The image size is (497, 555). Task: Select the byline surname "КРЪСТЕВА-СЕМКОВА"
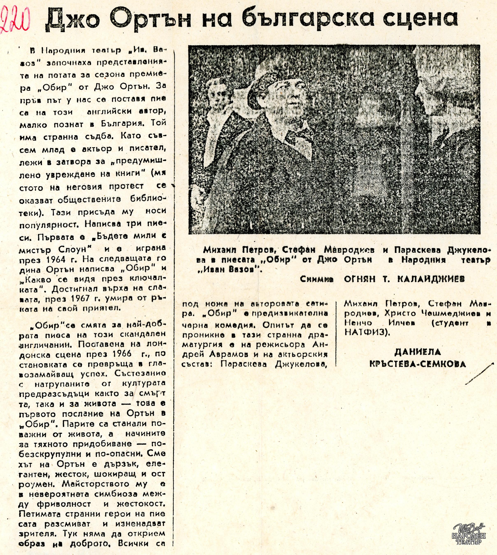pos(418,364)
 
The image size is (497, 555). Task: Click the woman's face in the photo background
pos(218,96)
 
